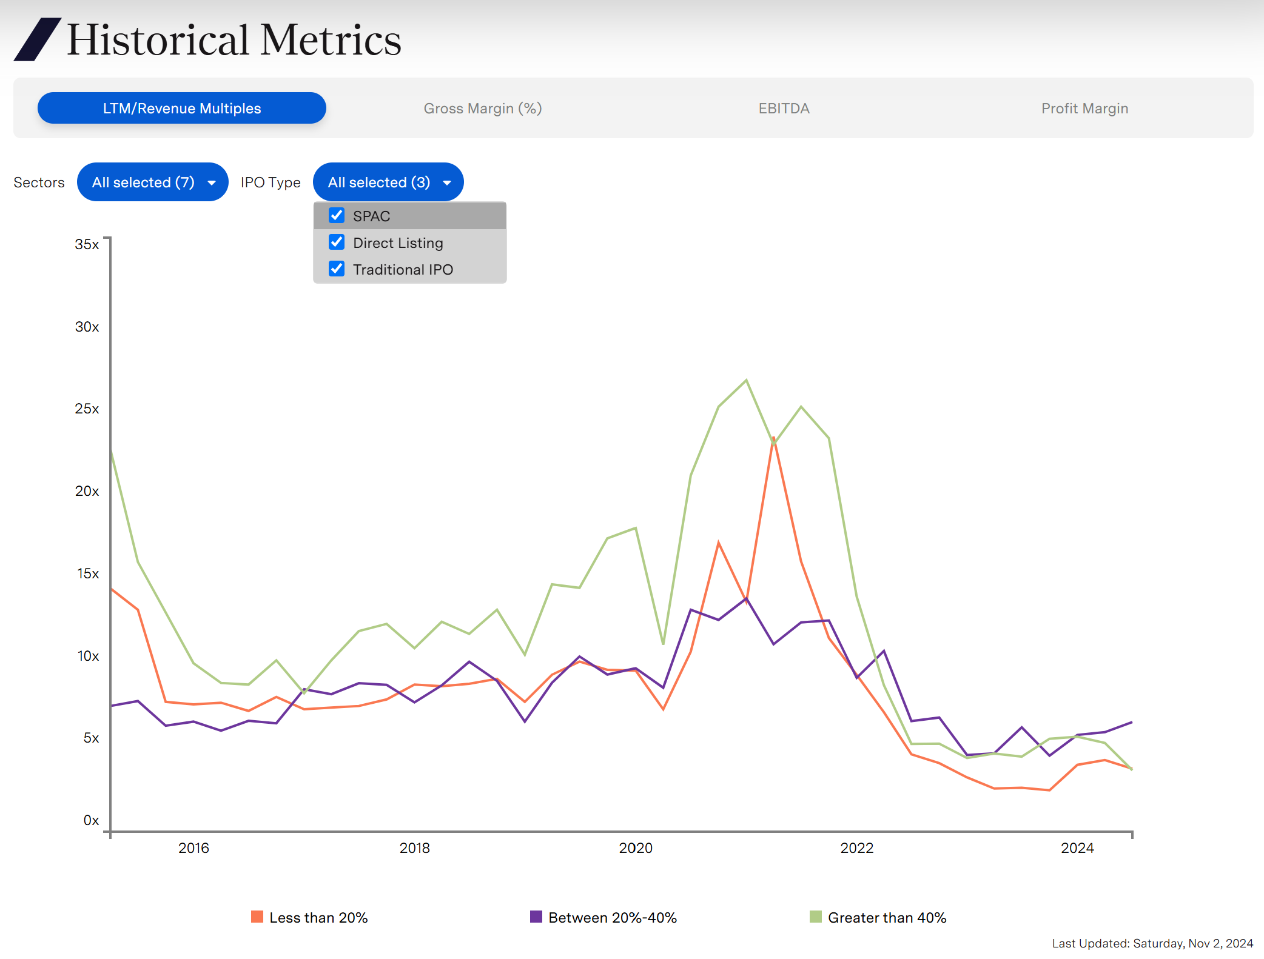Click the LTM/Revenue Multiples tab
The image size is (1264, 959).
pyautogui.click(x=181, y=109)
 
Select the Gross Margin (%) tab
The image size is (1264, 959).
pyautogui.click(x=482, y=109)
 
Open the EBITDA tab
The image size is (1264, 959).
pyautogui.click(x=784, y=109)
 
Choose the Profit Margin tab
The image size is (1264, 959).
pyautogui.click(x=1084, y=109)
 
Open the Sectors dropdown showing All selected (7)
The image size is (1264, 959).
pyautogui.click(x=152, y=182)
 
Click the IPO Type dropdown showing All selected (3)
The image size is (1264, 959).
pyautogui.click(x=388, y=182)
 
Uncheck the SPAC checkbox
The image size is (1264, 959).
pyautogui.click(x=337, y=216)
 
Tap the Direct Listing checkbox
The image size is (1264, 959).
pyautogui.click(x=337, y=242)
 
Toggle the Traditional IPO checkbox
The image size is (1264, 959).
pyautogui.click(x=337, y=269)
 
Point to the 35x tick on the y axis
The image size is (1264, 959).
pyautogui.click(x=87, y=244)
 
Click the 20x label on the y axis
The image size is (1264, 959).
pyautogui.click(x=87, y=491)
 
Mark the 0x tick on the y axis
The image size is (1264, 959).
pyautogui.click(x=91, y=820)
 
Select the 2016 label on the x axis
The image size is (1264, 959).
pyautogui.click(x=193, y=848)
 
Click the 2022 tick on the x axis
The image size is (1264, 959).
pyautogui.click(x=856, y=848)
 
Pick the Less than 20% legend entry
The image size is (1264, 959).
pyautogui.click(x=309, y=918)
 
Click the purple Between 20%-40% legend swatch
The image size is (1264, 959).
pyautogui.click(x=536, y=917)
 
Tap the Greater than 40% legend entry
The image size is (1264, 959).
pyautogui.click(x=878, y=918)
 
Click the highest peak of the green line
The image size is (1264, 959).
pyautogui.click(x=746, y=380)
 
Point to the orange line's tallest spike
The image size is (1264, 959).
pyautogui.click(x=773, y=438)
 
